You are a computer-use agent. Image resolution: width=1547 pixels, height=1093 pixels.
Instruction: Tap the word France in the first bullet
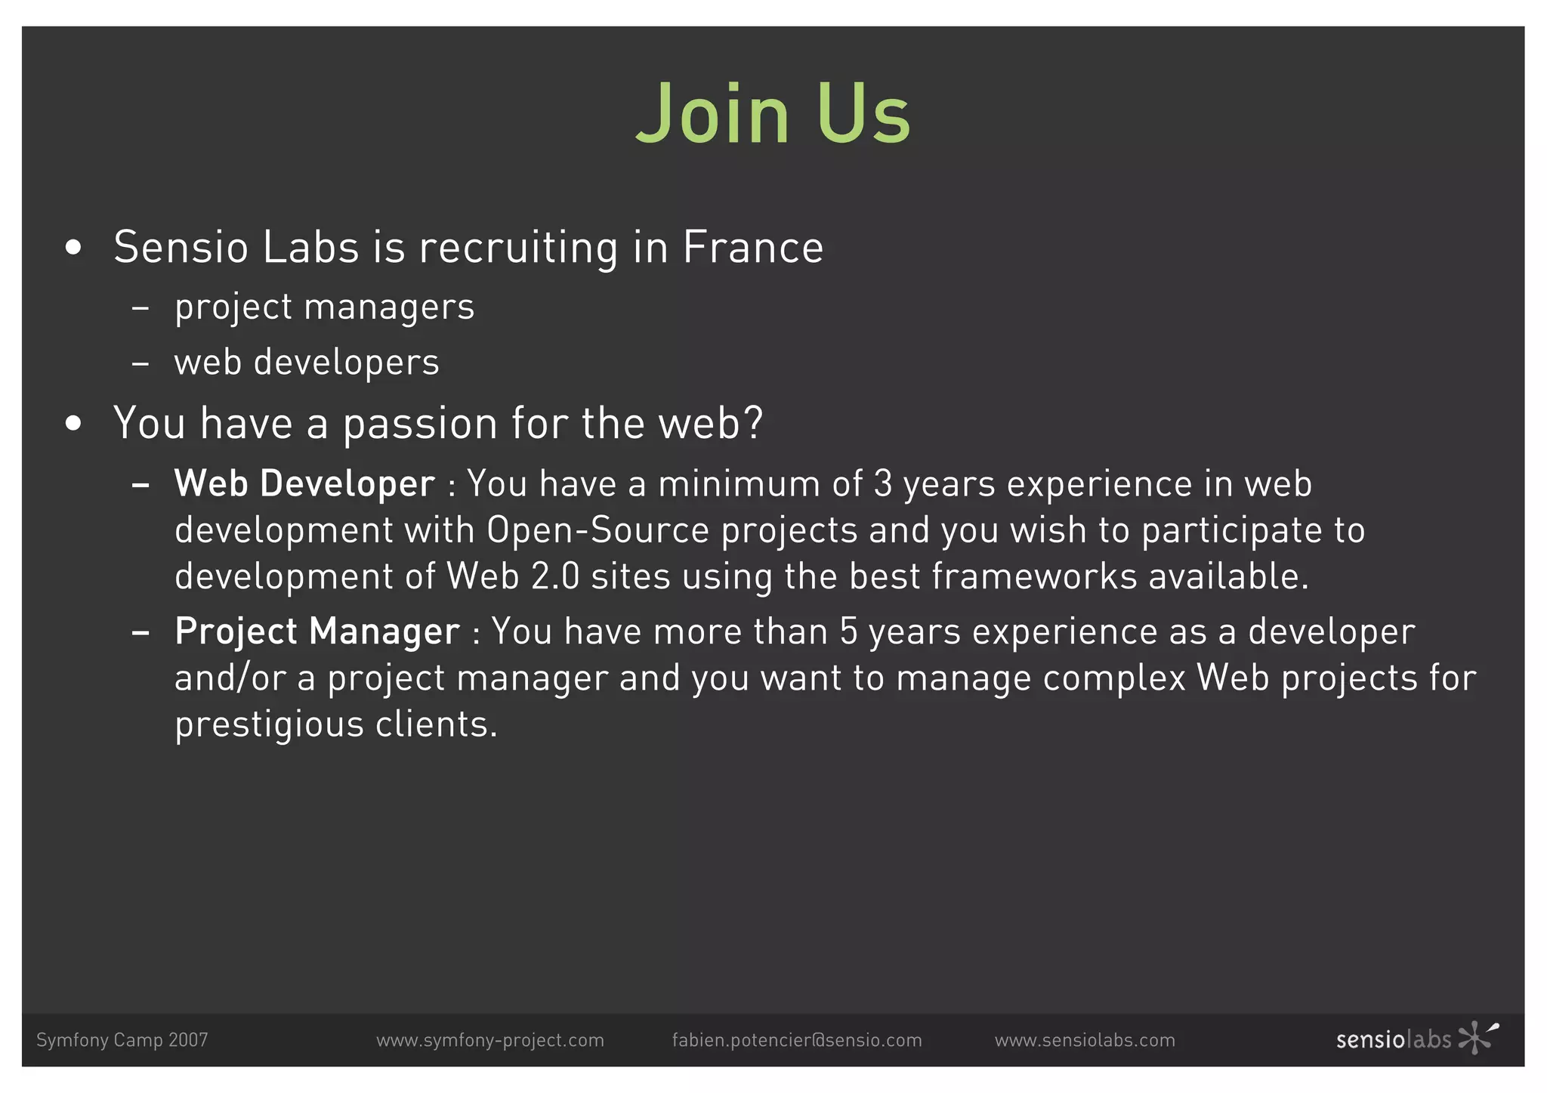pos(752,247)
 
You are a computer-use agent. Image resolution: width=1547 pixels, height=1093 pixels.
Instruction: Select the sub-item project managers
pos(324,307)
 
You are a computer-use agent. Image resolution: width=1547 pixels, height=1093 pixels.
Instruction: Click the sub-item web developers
pos(307,362)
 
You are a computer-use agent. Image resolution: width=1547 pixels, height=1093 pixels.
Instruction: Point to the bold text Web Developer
pos(304,483)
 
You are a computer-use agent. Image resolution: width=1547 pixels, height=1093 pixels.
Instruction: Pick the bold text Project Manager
pos(317,631)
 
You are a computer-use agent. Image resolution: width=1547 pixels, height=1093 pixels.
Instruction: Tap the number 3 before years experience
pos(882,483)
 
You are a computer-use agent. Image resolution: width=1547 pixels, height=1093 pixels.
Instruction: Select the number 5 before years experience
pos(849,631)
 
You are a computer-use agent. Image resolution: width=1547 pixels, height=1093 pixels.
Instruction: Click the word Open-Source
pos(597,530)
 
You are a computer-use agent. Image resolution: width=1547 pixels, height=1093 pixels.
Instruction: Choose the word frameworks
pos(1034,576)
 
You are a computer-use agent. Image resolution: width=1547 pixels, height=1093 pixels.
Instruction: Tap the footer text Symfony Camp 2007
pos(122,1040)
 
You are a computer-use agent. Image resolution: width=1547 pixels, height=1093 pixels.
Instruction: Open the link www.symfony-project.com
pos(490,1040)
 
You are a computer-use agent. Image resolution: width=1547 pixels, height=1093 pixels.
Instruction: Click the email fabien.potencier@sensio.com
pos(797,1040)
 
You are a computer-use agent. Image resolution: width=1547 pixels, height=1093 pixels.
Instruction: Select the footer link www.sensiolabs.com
pos(1085,1040)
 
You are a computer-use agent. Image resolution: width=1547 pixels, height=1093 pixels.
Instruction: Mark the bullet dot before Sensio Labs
pos(73,248)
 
